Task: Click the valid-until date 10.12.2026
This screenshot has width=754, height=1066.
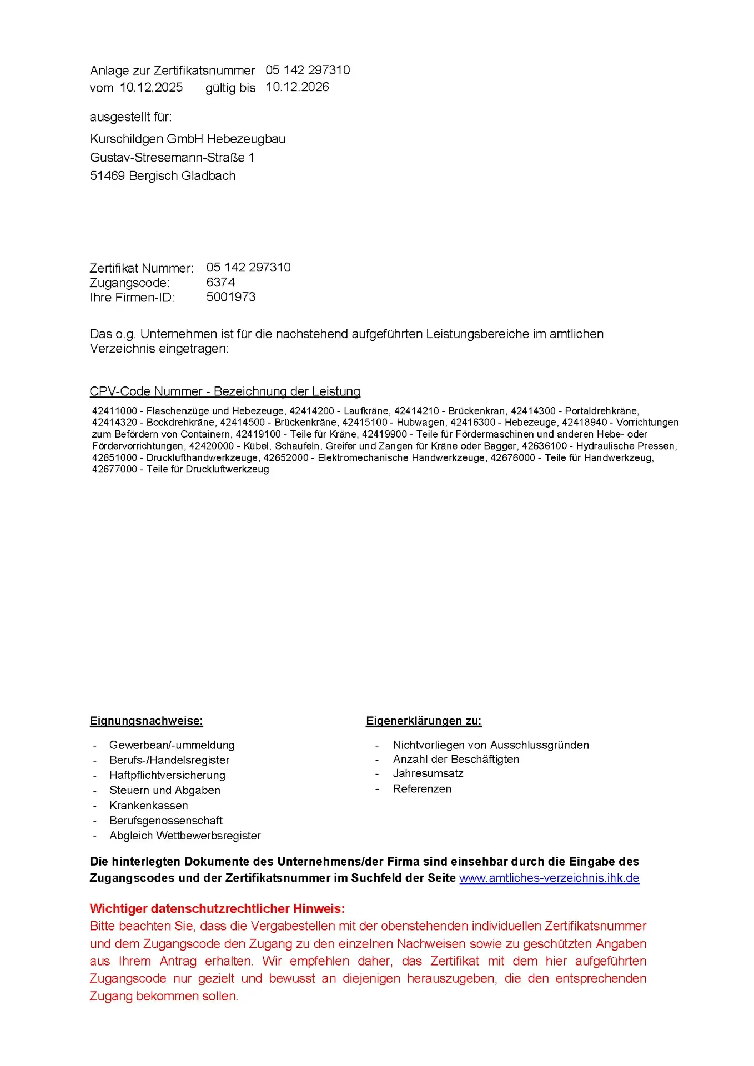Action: (297, 87)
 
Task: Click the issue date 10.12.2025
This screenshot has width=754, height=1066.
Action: (151, 88)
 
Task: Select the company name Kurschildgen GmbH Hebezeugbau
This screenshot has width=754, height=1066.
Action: (188, 139)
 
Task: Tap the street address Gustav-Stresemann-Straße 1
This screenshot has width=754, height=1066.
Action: (172, 158)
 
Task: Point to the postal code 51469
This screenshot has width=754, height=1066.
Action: (107, 176)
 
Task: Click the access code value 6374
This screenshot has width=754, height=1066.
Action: (220, 283)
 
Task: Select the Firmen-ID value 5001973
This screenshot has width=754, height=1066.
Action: (231, 297)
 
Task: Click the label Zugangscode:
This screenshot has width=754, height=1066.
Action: (129, 283)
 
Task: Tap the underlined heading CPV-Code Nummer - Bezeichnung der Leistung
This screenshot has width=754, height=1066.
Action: (225, 391)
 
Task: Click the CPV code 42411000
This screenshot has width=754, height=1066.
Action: (114, 411)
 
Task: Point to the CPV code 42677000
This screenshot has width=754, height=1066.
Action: (114, 469)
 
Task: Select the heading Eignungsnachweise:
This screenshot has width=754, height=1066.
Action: (147, 721)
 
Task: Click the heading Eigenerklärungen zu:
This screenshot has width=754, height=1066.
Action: (424, 721)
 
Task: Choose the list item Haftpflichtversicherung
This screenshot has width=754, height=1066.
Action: (167, 775)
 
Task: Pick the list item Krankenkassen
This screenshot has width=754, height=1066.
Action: (148, 806)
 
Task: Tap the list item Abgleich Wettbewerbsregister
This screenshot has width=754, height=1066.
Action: (185, 836)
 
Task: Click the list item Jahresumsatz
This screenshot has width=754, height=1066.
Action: (428, 773)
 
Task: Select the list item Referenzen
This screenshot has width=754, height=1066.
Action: (422, 789)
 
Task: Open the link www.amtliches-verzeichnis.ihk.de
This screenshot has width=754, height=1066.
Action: (549, 878)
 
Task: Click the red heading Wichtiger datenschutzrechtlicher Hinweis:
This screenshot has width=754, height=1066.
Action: (217, 908)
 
